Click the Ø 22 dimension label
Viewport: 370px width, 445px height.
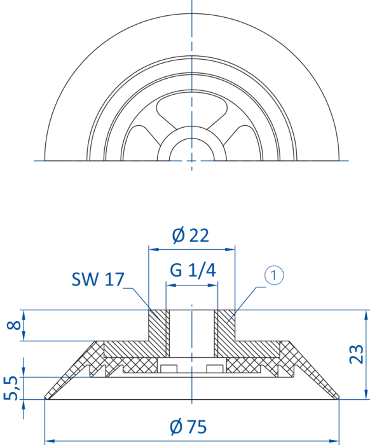click(190, 235)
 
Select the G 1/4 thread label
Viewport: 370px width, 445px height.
click(193, 270)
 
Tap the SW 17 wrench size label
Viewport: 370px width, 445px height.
click(98, 279)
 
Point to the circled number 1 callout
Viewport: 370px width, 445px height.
click(274, 275)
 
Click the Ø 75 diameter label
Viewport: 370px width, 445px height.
click(188, 427)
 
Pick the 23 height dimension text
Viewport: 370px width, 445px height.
click(357, 354)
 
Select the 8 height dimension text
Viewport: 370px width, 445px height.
click(14, 325)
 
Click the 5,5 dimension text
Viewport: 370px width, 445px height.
click(11, 388)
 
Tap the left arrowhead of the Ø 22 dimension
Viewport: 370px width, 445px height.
click(153, 249)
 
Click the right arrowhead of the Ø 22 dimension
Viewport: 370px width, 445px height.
click(230, 249)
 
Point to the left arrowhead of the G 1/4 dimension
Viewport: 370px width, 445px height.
click(170, 285)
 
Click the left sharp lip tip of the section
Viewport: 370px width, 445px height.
click(45, 398)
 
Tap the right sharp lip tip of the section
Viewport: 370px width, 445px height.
click(338, 398)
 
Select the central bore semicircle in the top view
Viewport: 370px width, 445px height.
click(192, 139)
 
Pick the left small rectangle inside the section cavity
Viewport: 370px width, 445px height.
click(169, 368)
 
